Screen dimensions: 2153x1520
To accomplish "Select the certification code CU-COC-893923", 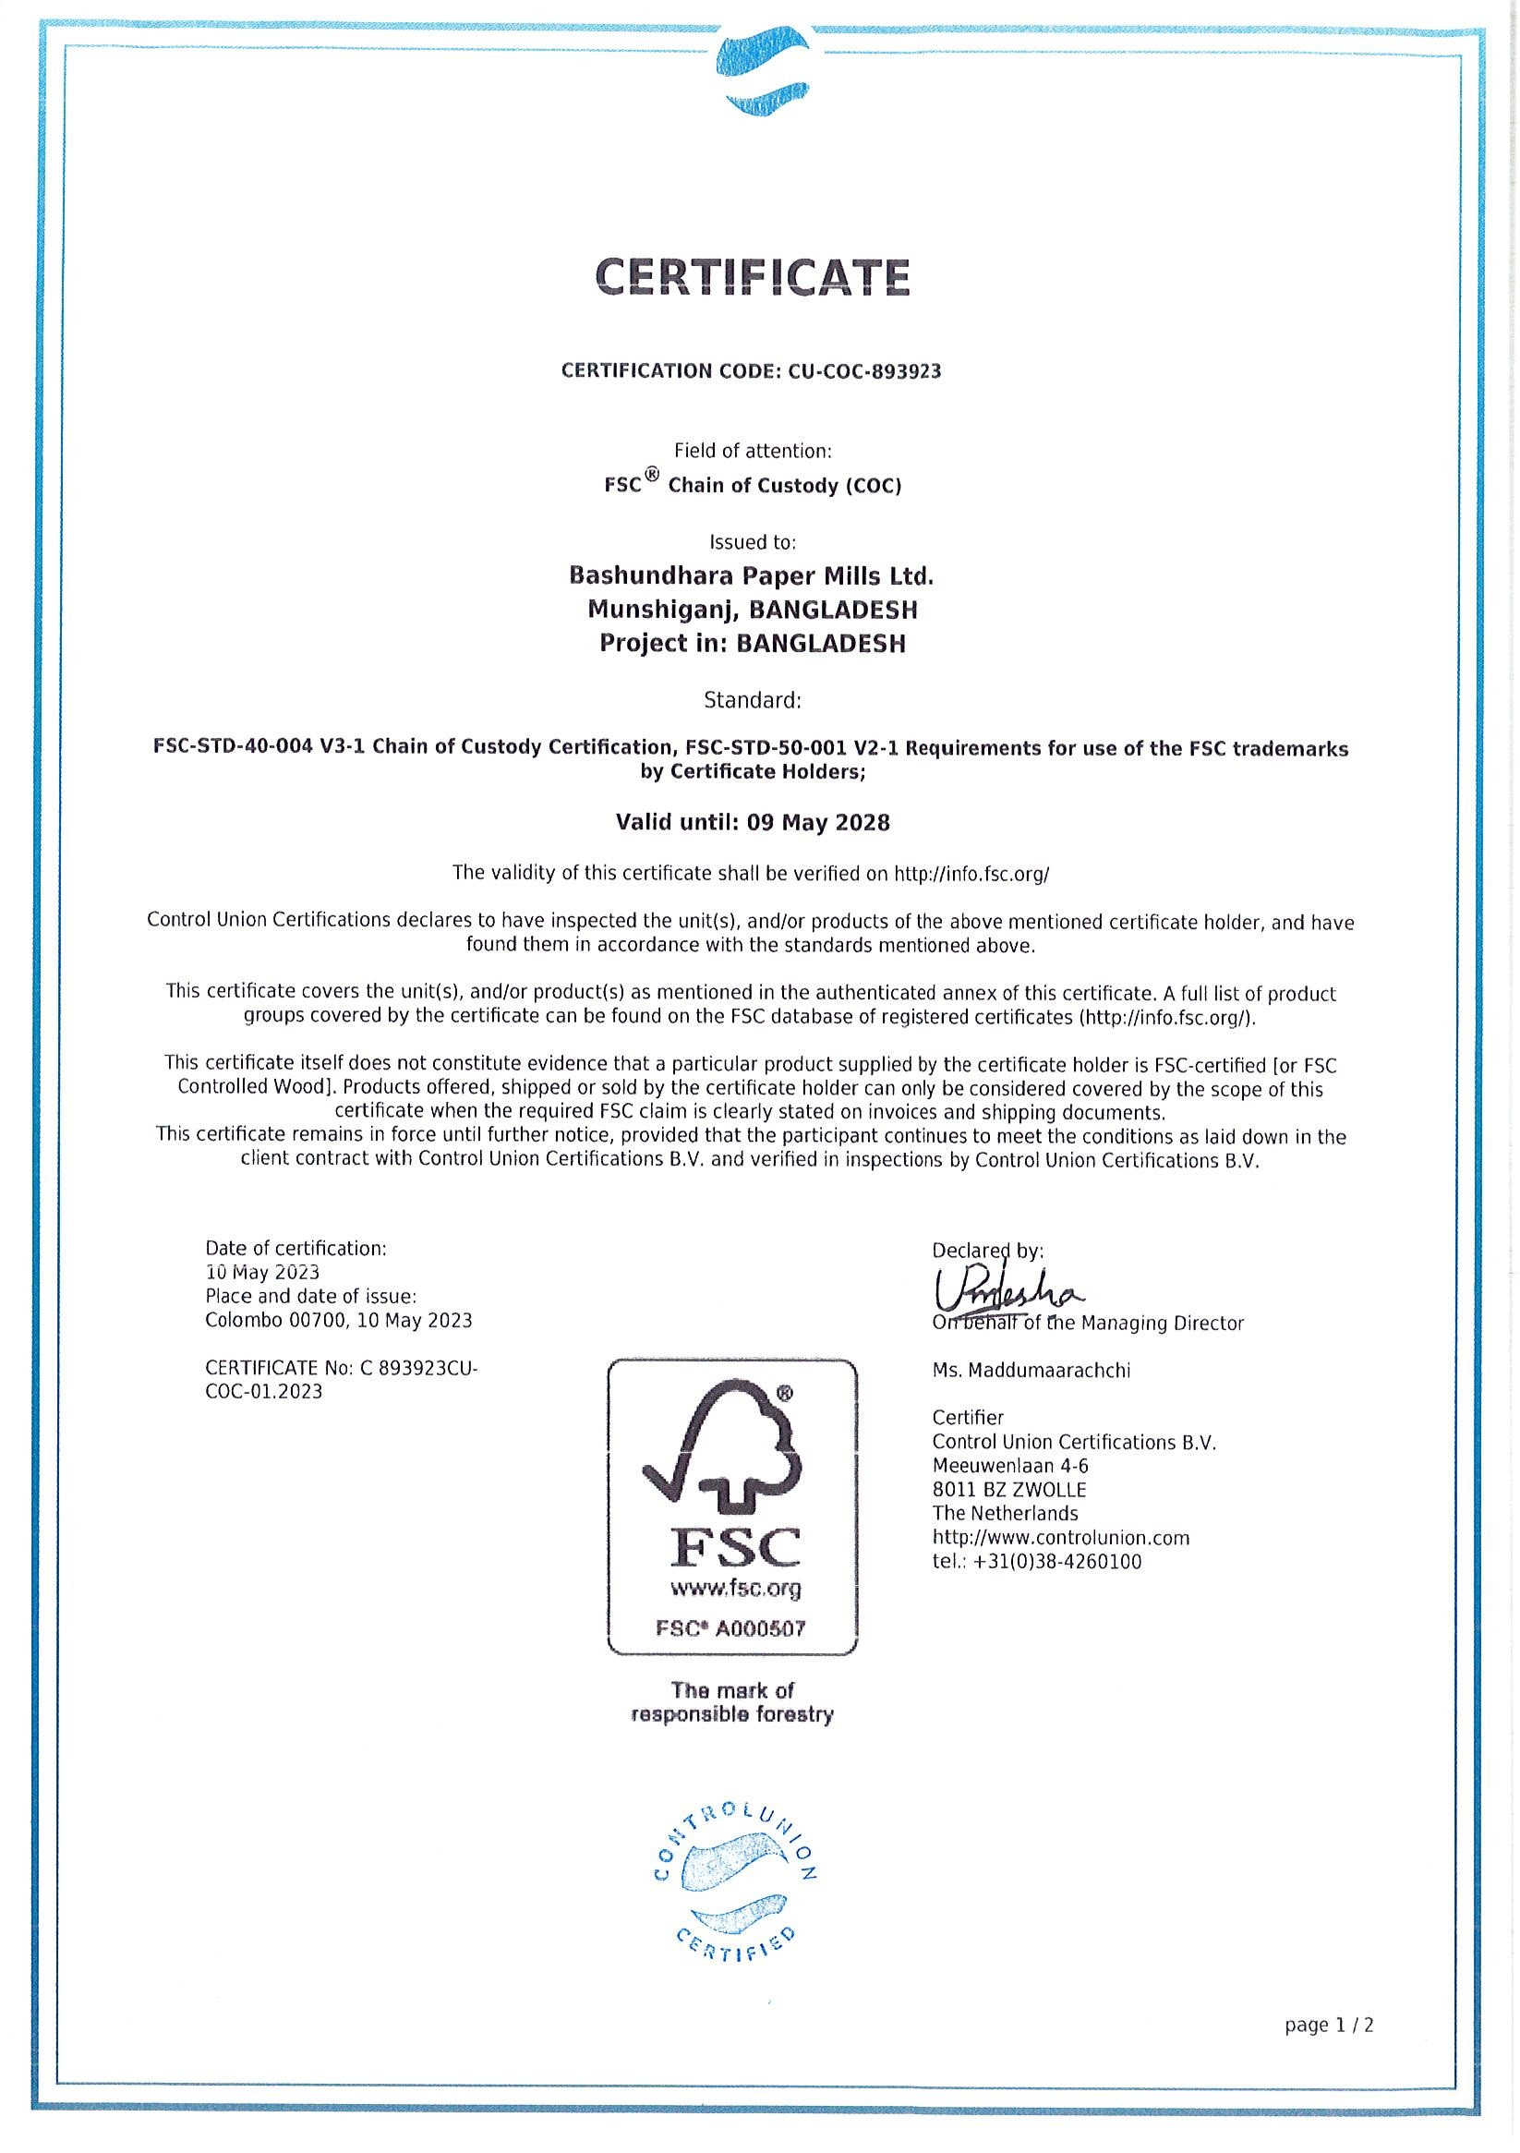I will pos(863,371).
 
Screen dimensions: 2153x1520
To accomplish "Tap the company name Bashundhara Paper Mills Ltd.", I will pos(751,575).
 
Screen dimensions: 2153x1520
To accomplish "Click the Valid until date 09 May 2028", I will pos(817,823).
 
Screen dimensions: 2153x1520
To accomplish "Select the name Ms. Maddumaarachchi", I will pos(1031,1371).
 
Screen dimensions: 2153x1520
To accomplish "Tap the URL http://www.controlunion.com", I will pos(1060,1538).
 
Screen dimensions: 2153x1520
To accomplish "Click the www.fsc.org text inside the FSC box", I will pos(735,1589).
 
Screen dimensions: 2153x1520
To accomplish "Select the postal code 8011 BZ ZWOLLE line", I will pos(1009,1490).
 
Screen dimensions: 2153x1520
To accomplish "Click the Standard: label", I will pos(752,700).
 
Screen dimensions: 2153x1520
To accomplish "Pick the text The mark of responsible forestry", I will pos(732,1703).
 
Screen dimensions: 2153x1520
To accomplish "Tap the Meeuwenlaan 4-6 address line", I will pos(1010,1466).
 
